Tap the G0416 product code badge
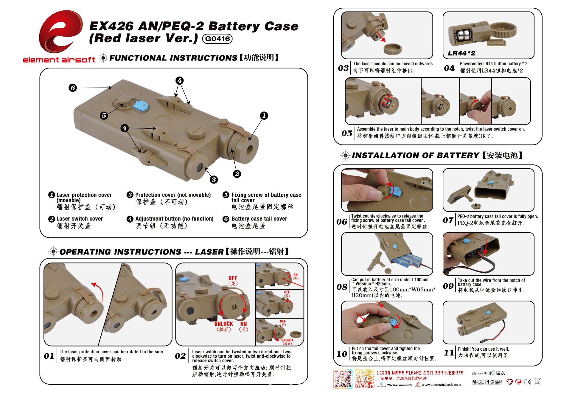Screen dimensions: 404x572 (217, 39)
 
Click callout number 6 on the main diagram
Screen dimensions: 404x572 (72, 88)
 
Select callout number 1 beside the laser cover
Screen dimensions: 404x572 (264, 116)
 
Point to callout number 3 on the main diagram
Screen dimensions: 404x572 (214, 179)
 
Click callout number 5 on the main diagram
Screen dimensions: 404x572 (104, 115)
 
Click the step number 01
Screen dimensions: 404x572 (49, 356)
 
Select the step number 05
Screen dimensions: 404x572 (347, 133)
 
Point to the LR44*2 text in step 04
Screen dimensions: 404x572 (461, 53)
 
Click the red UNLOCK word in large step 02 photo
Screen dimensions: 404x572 (224, 324)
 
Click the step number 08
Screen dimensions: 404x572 (342, 287)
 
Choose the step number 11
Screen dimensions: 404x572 (449, 353)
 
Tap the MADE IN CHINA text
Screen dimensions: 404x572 (487, 382)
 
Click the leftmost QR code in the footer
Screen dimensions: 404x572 (343, 379)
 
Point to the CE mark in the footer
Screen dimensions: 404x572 (527, 382)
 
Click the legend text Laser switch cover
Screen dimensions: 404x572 (80, 219)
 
